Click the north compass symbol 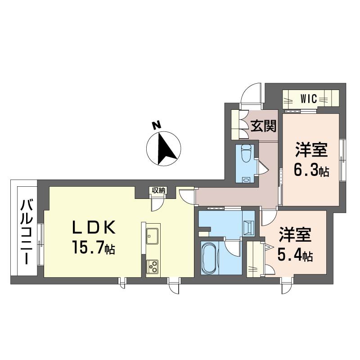[164, 148]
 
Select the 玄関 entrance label [263, 126]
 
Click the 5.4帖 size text [295, 256]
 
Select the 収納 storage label [158, 190]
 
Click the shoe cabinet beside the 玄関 [237, 124]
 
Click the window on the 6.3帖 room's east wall [342, 157]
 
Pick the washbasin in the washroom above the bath [249, 227]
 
